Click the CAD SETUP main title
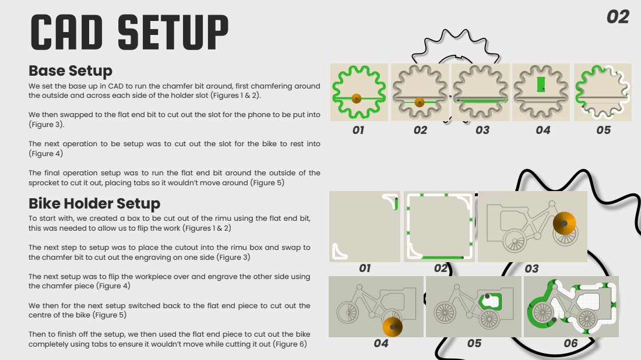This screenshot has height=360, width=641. (129, 32)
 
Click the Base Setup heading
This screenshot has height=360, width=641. (71, 71)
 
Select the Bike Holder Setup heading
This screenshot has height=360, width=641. (94, 203)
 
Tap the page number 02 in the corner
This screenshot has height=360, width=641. (617, 17)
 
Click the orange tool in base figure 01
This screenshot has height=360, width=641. (357, 98)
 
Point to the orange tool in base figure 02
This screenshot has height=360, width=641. (420, 103)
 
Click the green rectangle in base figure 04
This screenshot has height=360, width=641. (541, 84)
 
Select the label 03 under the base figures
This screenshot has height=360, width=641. (482, 130)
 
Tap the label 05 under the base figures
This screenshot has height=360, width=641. (603, 130)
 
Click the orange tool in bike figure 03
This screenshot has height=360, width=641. (564, 223)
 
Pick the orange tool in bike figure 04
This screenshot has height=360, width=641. (392, 327)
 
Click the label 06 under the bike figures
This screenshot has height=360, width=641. (570, 343)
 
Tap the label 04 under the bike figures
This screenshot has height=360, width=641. (381, 343)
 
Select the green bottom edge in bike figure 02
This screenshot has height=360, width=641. (442, 258)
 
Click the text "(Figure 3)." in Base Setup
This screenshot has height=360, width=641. (47, 125)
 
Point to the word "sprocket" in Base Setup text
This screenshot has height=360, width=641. (43, 183)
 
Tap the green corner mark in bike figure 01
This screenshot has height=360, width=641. (396, 203)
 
